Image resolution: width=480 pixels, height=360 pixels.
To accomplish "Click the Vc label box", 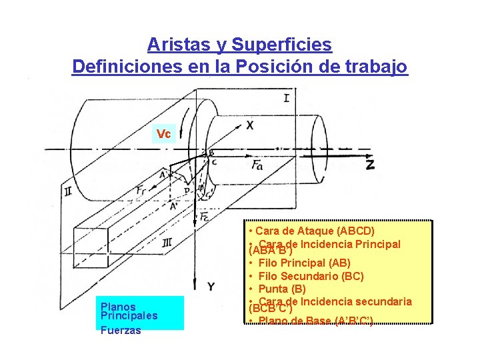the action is tap(164, 134).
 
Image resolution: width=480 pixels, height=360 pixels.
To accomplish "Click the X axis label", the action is tap(249, 125).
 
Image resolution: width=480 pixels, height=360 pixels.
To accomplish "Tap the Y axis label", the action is tap(211, 286).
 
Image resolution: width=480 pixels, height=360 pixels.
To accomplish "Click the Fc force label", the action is tap(205, 216).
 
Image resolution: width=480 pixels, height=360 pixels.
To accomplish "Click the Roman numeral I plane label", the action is tap(286, 98).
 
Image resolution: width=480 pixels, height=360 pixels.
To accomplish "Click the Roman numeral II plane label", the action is tap(68, 191).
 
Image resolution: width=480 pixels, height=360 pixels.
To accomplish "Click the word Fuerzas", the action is tap(121, 330).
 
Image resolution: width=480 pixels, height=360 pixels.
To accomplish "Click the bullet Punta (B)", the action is tap(282, 289).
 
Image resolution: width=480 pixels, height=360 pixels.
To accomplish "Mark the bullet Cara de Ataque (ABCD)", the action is tap(311, 231).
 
